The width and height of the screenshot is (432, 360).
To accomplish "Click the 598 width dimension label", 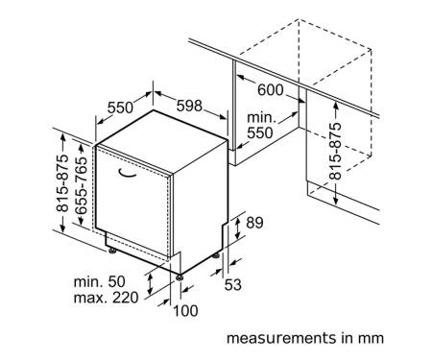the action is pyautogui.click(x=189, y=106).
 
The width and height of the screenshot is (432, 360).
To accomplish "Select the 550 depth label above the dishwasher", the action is pyautogui.click(x=120, y=108).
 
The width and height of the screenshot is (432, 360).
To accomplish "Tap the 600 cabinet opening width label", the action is pyautogui.click(x=271, y=90).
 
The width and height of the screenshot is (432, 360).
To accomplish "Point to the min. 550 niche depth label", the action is pyautogui.click(x=261, y=126).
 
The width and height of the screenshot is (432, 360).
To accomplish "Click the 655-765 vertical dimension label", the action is pyautogui.click(x=82, y=185).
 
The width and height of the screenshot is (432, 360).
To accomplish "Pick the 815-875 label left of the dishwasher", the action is pyautogui.click(x=62, y=183).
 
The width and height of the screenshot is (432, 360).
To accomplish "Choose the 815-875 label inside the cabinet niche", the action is pyautogui.click(x=336, y=151).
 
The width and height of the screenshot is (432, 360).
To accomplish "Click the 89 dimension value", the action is pyautogui.click(x=254, y=223).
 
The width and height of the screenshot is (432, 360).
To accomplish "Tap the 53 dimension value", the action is pyautogui.click(x=233, y=285).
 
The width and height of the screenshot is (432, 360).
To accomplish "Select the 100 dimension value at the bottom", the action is pyautogui.click(x=185, y=311).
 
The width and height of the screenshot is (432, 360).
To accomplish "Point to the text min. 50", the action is pyautogui.click(x=100, y=282).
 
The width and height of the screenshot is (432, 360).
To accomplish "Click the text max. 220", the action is pyautogui.click(x=107, y=298).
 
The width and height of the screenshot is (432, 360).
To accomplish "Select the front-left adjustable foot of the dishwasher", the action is pyautogui.click(x=112, y=251).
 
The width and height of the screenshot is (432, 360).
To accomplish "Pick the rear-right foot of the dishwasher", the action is pyautogui.click(x=216, y=255).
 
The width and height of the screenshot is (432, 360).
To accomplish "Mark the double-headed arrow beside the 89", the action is pyautogui.click(x=237, y=227).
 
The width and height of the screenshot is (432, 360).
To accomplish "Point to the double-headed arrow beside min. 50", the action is pyautogui.click(x=150, y=283).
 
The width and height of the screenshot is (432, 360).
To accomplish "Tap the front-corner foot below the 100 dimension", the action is pyautogui.click(x=180, y=276).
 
